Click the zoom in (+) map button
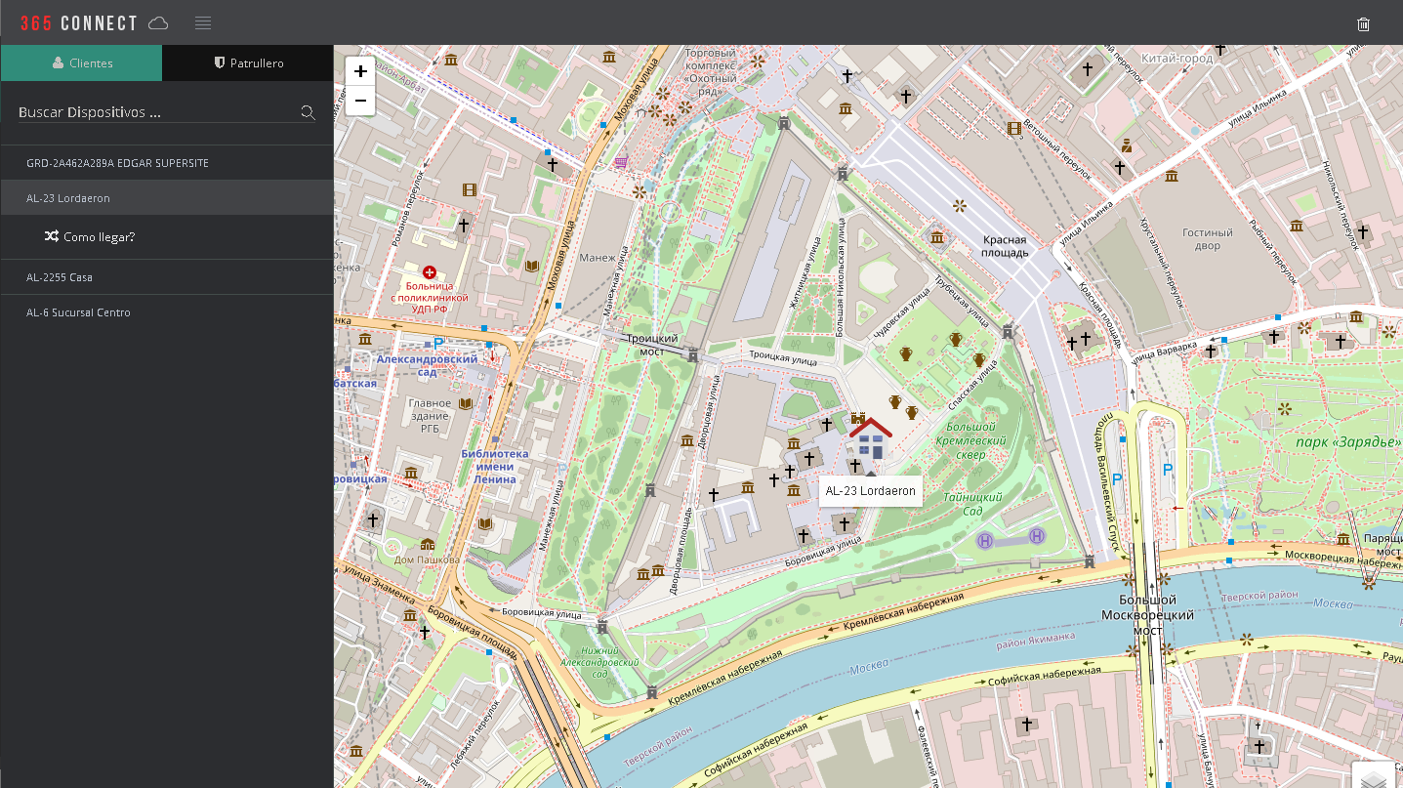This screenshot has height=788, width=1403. [x=360, y=71]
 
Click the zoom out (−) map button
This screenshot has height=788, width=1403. [x=360, y=101]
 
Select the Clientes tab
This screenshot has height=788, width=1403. [x=82, y=62]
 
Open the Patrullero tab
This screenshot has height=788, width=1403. [x=249, y=62]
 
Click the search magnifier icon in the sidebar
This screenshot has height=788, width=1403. [x=308, y=112]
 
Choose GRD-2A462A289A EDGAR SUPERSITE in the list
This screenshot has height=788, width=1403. [x=117, y=163]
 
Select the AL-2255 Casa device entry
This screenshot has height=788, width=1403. [x=60, y=277]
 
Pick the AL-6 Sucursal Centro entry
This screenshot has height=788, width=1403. [x=78, y=312]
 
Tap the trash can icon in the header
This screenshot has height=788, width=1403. [x=1364, y=24]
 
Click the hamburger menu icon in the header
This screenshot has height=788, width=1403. [x=203, y=23]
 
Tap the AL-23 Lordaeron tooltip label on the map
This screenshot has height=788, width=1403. [x=870, y=491]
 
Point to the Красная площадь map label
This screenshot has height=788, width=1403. [x=1005, y=246]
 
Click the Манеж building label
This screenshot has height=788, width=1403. [x=597, y=258]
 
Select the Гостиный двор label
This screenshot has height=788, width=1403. [x=1208, y=239]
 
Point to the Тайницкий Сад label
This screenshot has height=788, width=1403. [x=972, y=504]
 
